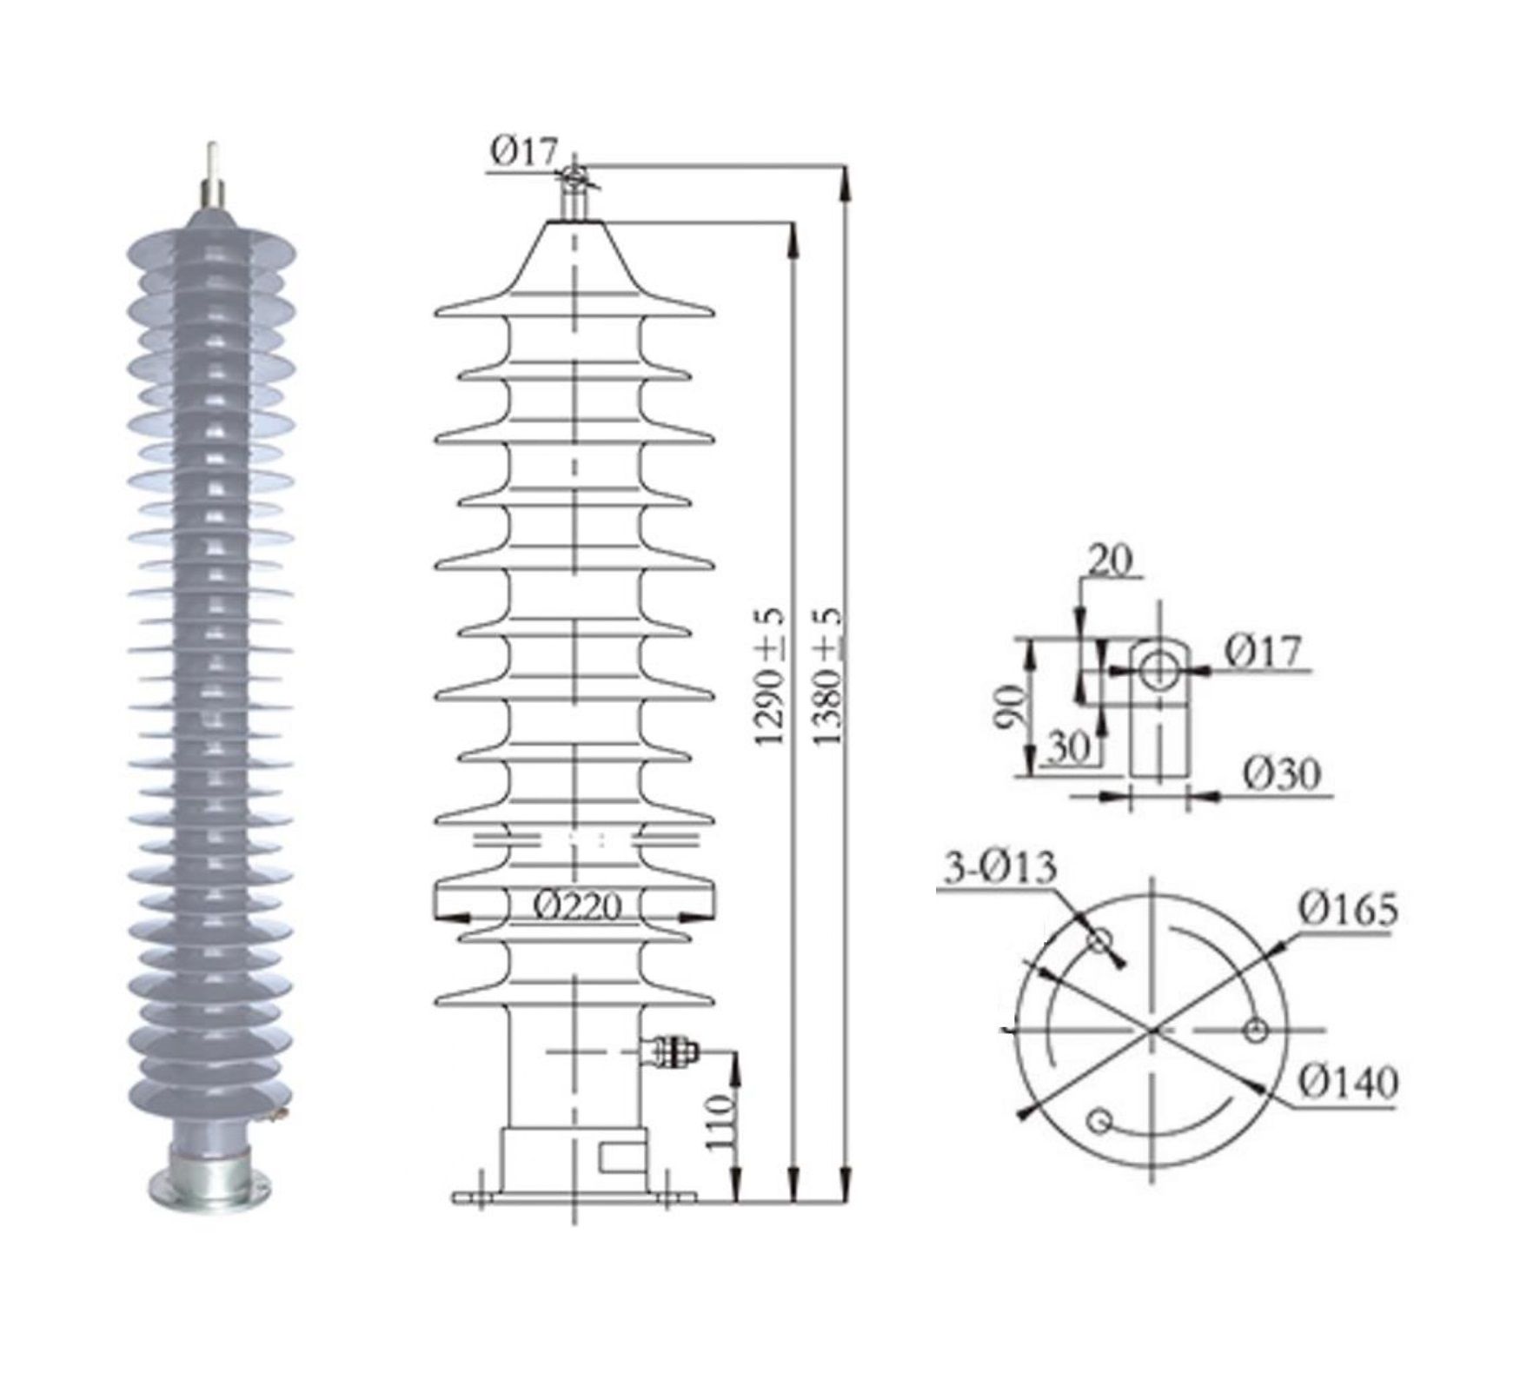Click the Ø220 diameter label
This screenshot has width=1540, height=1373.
(x=577, y=907)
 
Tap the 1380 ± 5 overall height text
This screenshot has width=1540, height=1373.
(x=828, y=675)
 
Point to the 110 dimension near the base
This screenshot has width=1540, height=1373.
(x=720, y=1123)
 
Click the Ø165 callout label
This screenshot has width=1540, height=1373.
(x=1349, y=909)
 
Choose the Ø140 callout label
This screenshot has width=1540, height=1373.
(x=1349, y=1082)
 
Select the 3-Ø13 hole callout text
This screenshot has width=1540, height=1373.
(x=1000, y=866)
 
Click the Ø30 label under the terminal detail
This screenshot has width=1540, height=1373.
(x=1281, y=773)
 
